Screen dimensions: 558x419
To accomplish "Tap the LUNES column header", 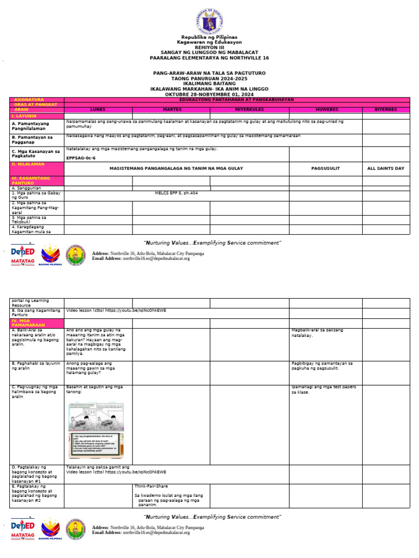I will pyautogui.click(x=98, y=110).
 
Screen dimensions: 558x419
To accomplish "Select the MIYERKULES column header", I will pyautogui.click(x=249, y=110).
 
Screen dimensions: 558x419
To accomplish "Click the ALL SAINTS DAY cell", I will pyautogui.click(x=386, y=168).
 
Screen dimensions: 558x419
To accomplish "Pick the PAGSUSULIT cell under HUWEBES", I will pyautogui.click(x=325, y=168).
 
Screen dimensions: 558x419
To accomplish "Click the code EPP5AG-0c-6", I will pyautogui.click(x=81, y=157).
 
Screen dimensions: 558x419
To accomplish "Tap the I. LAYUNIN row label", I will pyautogui.click(x=21, y=116).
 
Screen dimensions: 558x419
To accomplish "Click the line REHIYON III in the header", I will pyautogui.click(x=209, y=47).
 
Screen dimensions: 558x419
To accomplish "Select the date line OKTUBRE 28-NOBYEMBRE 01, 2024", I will pyautogui.click(x=209, y=94).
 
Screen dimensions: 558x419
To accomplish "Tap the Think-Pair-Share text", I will pyautogui.click(x=151, y=485).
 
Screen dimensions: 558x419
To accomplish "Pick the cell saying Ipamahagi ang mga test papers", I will pyautogui.click(x=324, y=389).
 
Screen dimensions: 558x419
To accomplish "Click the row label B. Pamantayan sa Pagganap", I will pyautogui.click(x=32, y=139).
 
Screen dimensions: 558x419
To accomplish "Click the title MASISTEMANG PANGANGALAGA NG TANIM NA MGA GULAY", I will pyautogui.click(x=176, y=168).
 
